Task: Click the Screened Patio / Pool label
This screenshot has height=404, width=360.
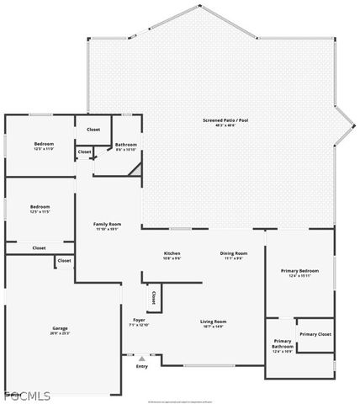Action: (225, 120)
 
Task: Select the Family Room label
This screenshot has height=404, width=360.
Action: (108, 224)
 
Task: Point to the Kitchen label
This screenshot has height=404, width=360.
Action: (172, 253)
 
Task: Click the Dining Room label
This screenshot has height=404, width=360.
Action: (233, 253)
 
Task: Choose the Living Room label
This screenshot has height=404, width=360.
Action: (213, 322)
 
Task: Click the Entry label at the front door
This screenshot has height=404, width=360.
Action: (142, 366)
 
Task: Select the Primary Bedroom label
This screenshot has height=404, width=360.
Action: (299, 271)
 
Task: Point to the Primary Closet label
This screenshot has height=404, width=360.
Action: (315, 334)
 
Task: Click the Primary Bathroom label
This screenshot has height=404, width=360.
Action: (282, 343)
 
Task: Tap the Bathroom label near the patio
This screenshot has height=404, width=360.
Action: (126, 145)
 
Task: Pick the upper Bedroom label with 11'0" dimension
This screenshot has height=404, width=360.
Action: (44, 145)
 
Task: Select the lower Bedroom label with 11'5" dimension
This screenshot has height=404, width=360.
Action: (40, 207)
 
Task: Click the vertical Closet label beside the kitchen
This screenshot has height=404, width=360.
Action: (153, 297)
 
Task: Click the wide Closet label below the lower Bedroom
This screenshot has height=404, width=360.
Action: (39, 248)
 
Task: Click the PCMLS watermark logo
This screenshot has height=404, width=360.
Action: (27, 396)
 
